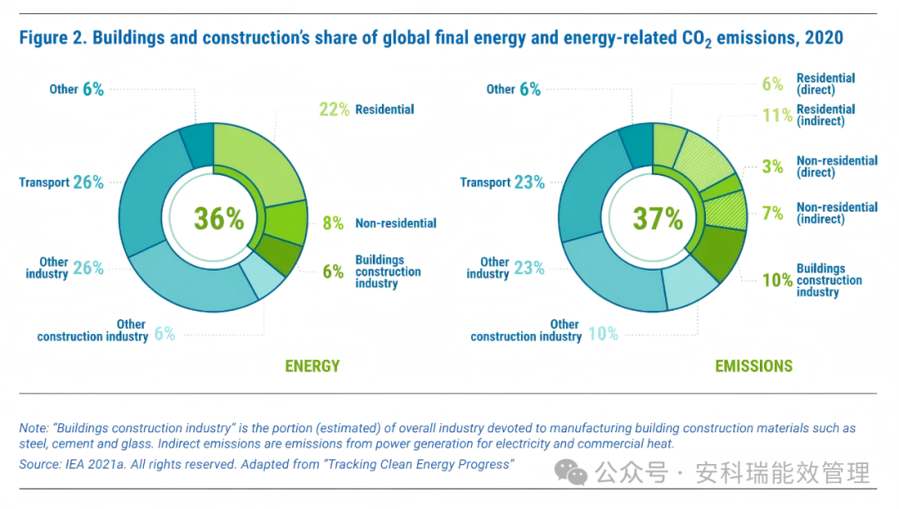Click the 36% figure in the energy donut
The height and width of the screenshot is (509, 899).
[x=219, y=218]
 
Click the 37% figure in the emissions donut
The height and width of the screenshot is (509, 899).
[x=658, y=218]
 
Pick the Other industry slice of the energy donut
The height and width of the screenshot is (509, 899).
[x=183, y=279]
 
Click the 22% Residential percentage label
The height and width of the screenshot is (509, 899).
[x=334, y=109]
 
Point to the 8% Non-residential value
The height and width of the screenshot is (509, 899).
[x=333, y=223]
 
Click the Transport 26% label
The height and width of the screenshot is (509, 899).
[x=62, y=182]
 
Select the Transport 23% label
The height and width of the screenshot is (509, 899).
[x=502, y=182]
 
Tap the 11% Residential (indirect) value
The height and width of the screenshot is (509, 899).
[x=777, y=115]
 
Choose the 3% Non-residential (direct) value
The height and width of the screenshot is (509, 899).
[x=772, y=167]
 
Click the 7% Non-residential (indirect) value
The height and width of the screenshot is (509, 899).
[x=772, y=213]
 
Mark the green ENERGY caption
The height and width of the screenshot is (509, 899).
[x=312, y=366]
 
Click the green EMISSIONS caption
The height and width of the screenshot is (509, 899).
[x=753, y=366]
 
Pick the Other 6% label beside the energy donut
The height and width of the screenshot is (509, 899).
[x=76, y=89]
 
